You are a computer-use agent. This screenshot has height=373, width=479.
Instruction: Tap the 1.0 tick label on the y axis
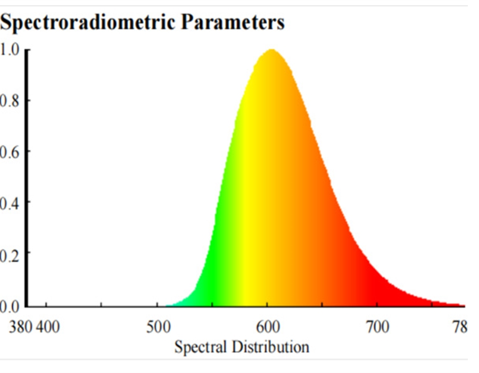pos(10,50)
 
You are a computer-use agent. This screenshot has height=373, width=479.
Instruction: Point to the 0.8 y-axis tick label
pos(10,100)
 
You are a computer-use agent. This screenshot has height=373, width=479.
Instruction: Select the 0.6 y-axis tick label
pos(10,151)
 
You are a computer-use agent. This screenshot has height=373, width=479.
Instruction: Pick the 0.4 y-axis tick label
pos(10,202)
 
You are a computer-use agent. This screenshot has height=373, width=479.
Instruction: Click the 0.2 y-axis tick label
pos(10,253)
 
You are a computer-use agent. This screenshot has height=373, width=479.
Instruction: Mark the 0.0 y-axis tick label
pos(10,306)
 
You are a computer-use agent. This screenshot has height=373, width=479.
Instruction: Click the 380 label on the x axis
pos(21,326)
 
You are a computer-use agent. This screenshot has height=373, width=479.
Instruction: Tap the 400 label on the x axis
pos(48,326)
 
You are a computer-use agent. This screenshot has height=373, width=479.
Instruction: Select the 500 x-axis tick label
pos(158,326)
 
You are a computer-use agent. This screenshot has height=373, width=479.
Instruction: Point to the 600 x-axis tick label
pos(268,326)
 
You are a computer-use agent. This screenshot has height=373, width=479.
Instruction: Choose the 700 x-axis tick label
pos(377,326)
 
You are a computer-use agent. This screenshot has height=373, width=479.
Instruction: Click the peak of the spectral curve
pos(272,50)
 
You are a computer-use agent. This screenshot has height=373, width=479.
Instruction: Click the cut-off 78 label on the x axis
pos(460,326)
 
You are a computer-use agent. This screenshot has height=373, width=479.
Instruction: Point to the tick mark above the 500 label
pos(157,304)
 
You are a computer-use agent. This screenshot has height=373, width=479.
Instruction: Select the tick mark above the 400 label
pos(46,304)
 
